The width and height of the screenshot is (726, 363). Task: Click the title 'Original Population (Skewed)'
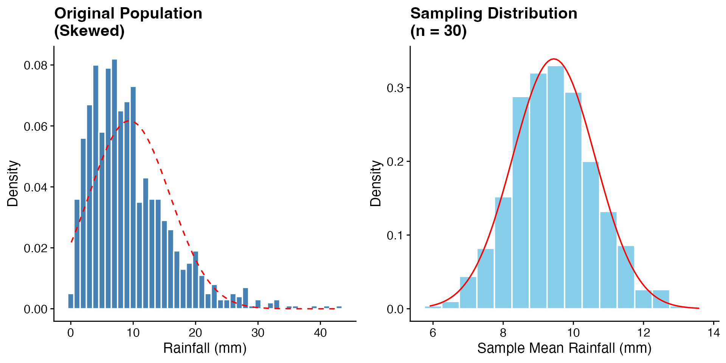click(128, 22)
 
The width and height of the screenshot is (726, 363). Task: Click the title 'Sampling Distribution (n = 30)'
click(493, 22)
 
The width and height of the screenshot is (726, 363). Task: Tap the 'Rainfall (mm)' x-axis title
click(205, 348)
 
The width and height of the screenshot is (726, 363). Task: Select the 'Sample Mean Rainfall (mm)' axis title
click(564, 348)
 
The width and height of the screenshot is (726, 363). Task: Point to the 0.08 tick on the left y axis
click(36, 65)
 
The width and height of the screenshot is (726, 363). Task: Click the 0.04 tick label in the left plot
click(36, 187)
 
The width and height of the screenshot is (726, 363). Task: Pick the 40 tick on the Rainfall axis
click(320, 333)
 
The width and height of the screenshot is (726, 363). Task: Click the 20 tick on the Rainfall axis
click(195, 333)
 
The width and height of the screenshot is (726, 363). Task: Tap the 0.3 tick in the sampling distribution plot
click(396, 88)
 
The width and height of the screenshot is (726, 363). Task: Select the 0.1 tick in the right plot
click(396, 235)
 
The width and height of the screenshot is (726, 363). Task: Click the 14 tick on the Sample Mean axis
click(714, 333)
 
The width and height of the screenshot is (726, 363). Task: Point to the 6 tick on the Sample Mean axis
click(433, 333)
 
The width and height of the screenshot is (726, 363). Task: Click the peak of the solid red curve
click(554, 59)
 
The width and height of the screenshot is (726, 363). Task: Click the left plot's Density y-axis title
click(13, 183)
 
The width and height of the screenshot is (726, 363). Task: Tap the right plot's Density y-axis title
click(376, 183)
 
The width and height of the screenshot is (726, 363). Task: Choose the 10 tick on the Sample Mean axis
click(573, 333)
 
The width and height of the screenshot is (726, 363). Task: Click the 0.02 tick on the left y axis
click(36, 248)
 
